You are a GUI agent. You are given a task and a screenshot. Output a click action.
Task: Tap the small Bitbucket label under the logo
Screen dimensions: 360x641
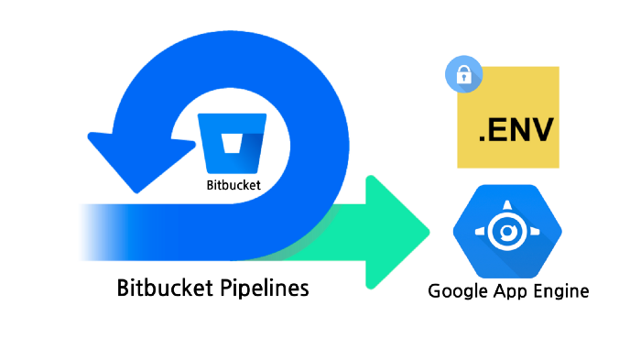[x=234, y=184]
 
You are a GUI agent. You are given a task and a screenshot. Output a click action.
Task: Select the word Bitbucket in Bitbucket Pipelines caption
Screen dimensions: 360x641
[x=165, y=288]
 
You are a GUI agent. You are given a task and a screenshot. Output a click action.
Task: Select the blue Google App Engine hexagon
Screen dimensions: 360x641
[x=506, y=233]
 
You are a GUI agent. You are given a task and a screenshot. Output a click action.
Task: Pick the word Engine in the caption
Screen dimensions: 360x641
[x=558, y=292]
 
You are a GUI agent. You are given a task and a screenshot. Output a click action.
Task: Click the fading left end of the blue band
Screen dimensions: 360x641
[x=92, y=229]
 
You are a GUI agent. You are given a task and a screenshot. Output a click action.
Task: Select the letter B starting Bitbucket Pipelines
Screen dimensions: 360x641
[x=125, y=288]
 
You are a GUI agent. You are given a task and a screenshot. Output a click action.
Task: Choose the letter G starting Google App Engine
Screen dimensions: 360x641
[x=436, y=292]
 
